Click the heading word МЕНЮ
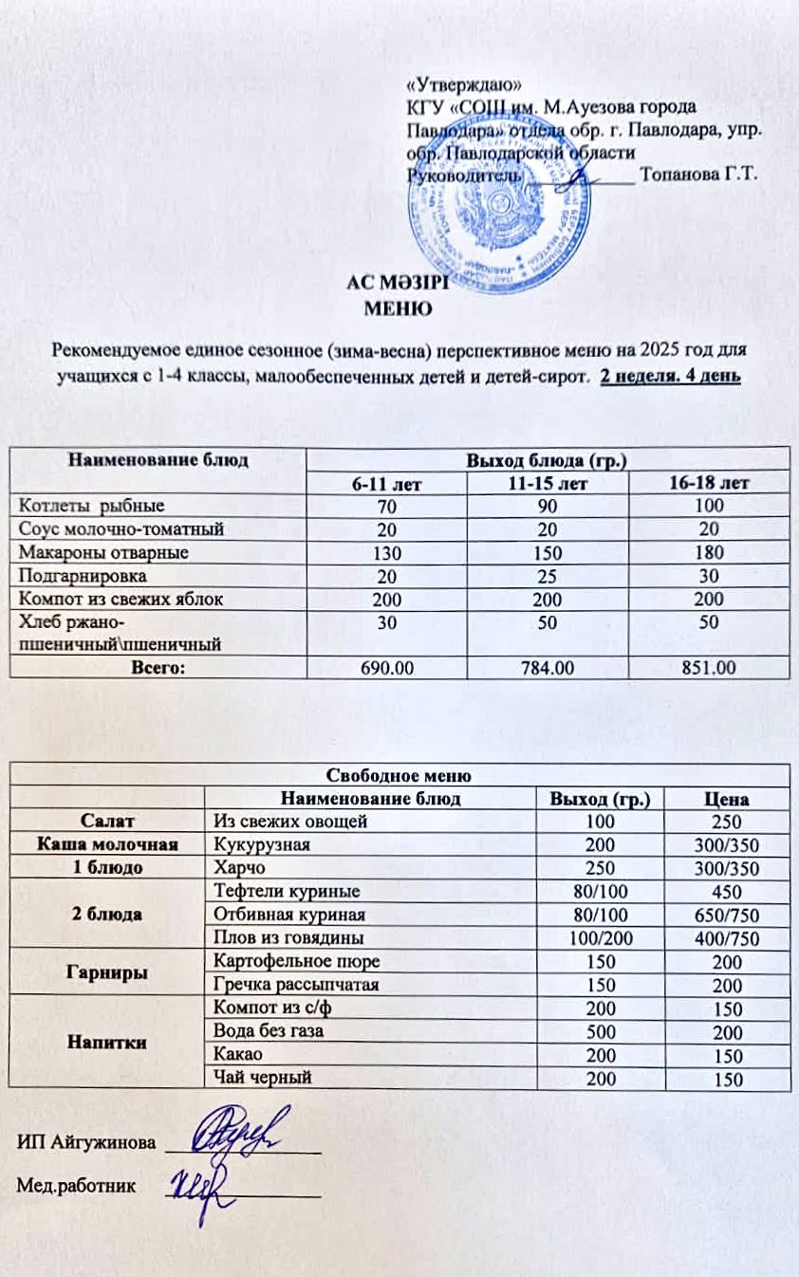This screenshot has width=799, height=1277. tap(399, 307)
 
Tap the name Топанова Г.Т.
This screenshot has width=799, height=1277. tap(698, 175)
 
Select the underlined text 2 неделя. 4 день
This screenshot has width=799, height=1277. tap(671, 377)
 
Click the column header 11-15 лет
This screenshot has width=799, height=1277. tap(548, 483)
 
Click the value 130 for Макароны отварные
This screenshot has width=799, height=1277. tap(386, 552)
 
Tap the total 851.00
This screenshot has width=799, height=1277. tap(709, 668)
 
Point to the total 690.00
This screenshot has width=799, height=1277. tap(386, 668)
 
